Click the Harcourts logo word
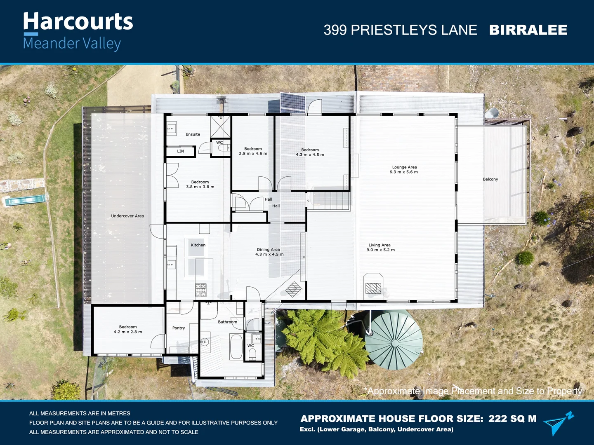78,22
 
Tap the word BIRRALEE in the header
528,30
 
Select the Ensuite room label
193,134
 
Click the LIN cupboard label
180,151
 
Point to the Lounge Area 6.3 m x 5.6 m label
404,170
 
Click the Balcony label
490,179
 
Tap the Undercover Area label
127,216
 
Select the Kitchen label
198,245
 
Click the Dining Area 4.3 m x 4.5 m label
269,252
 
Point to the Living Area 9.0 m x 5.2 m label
380,248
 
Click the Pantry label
179,328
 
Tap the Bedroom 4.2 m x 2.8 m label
128,329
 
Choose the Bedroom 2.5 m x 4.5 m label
253,151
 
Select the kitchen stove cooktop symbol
201,290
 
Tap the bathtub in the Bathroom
236,347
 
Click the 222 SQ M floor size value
512,419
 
